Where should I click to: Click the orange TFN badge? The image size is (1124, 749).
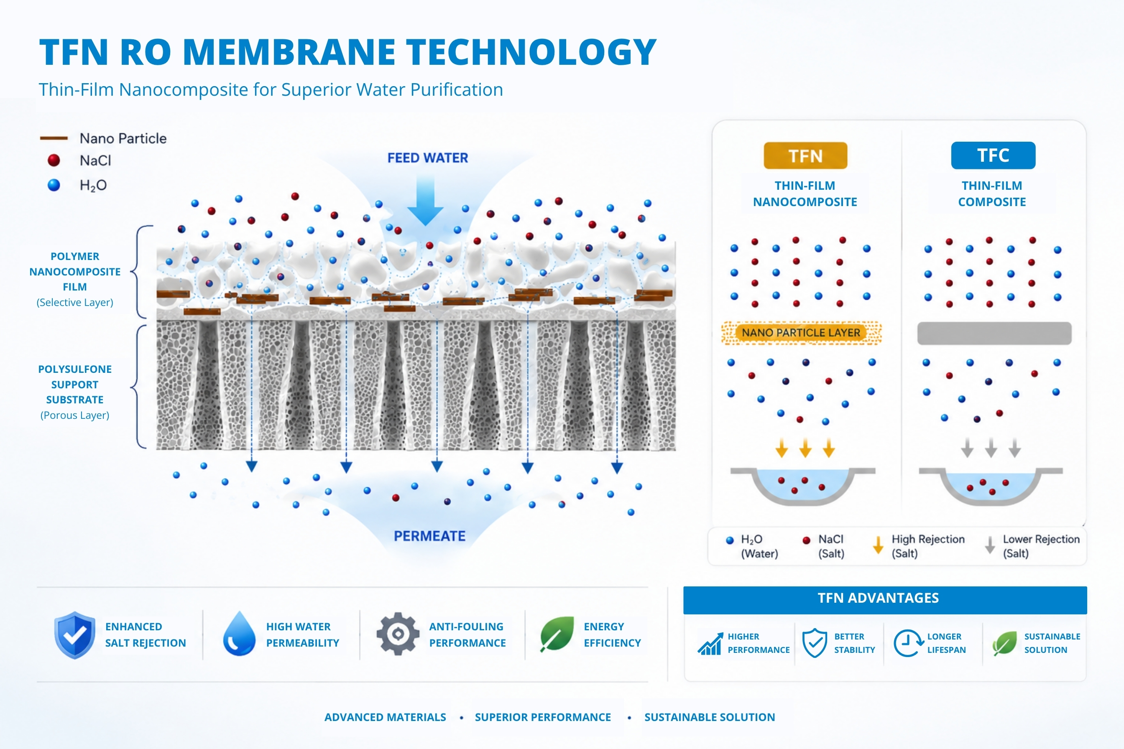[x=805, y=156]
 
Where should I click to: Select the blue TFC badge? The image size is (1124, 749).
[x=993, y=155]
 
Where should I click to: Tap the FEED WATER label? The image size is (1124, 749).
[x=428, y=158]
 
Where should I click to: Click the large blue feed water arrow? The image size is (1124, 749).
[x=425, y=201]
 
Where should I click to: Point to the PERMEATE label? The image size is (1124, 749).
[x=429, y=536]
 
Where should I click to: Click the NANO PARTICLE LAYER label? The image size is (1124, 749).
[x=801, y=332]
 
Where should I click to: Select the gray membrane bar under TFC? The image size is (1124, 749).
[x=994, y=333]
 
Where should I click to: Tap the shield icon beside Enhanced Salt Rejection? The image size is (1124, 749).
[x=74, y=635]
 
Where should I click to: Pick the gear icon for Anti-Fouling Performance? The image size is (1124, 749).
[x=398, y=634]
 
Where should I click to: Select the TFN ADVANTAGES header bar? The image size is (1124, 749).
[x=885, y=600]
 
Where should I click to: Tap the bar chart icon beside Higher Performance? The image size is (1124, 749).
[x=710, y=643]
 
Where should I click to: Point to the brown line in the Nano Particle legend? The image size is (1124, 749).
[x=54, y=138]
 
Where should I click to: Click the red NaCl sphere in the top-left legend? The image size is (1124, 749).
[x=54, y=160]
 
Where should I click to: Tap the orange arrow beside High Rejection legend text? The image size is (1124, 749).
[x=878, y=545]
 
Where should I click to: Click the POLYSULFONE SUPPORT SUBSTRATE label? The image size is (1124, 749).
[x=75, y=385]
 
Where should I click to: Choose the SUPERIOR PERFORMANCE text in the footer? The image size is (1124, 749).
[x=543, y=717]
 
